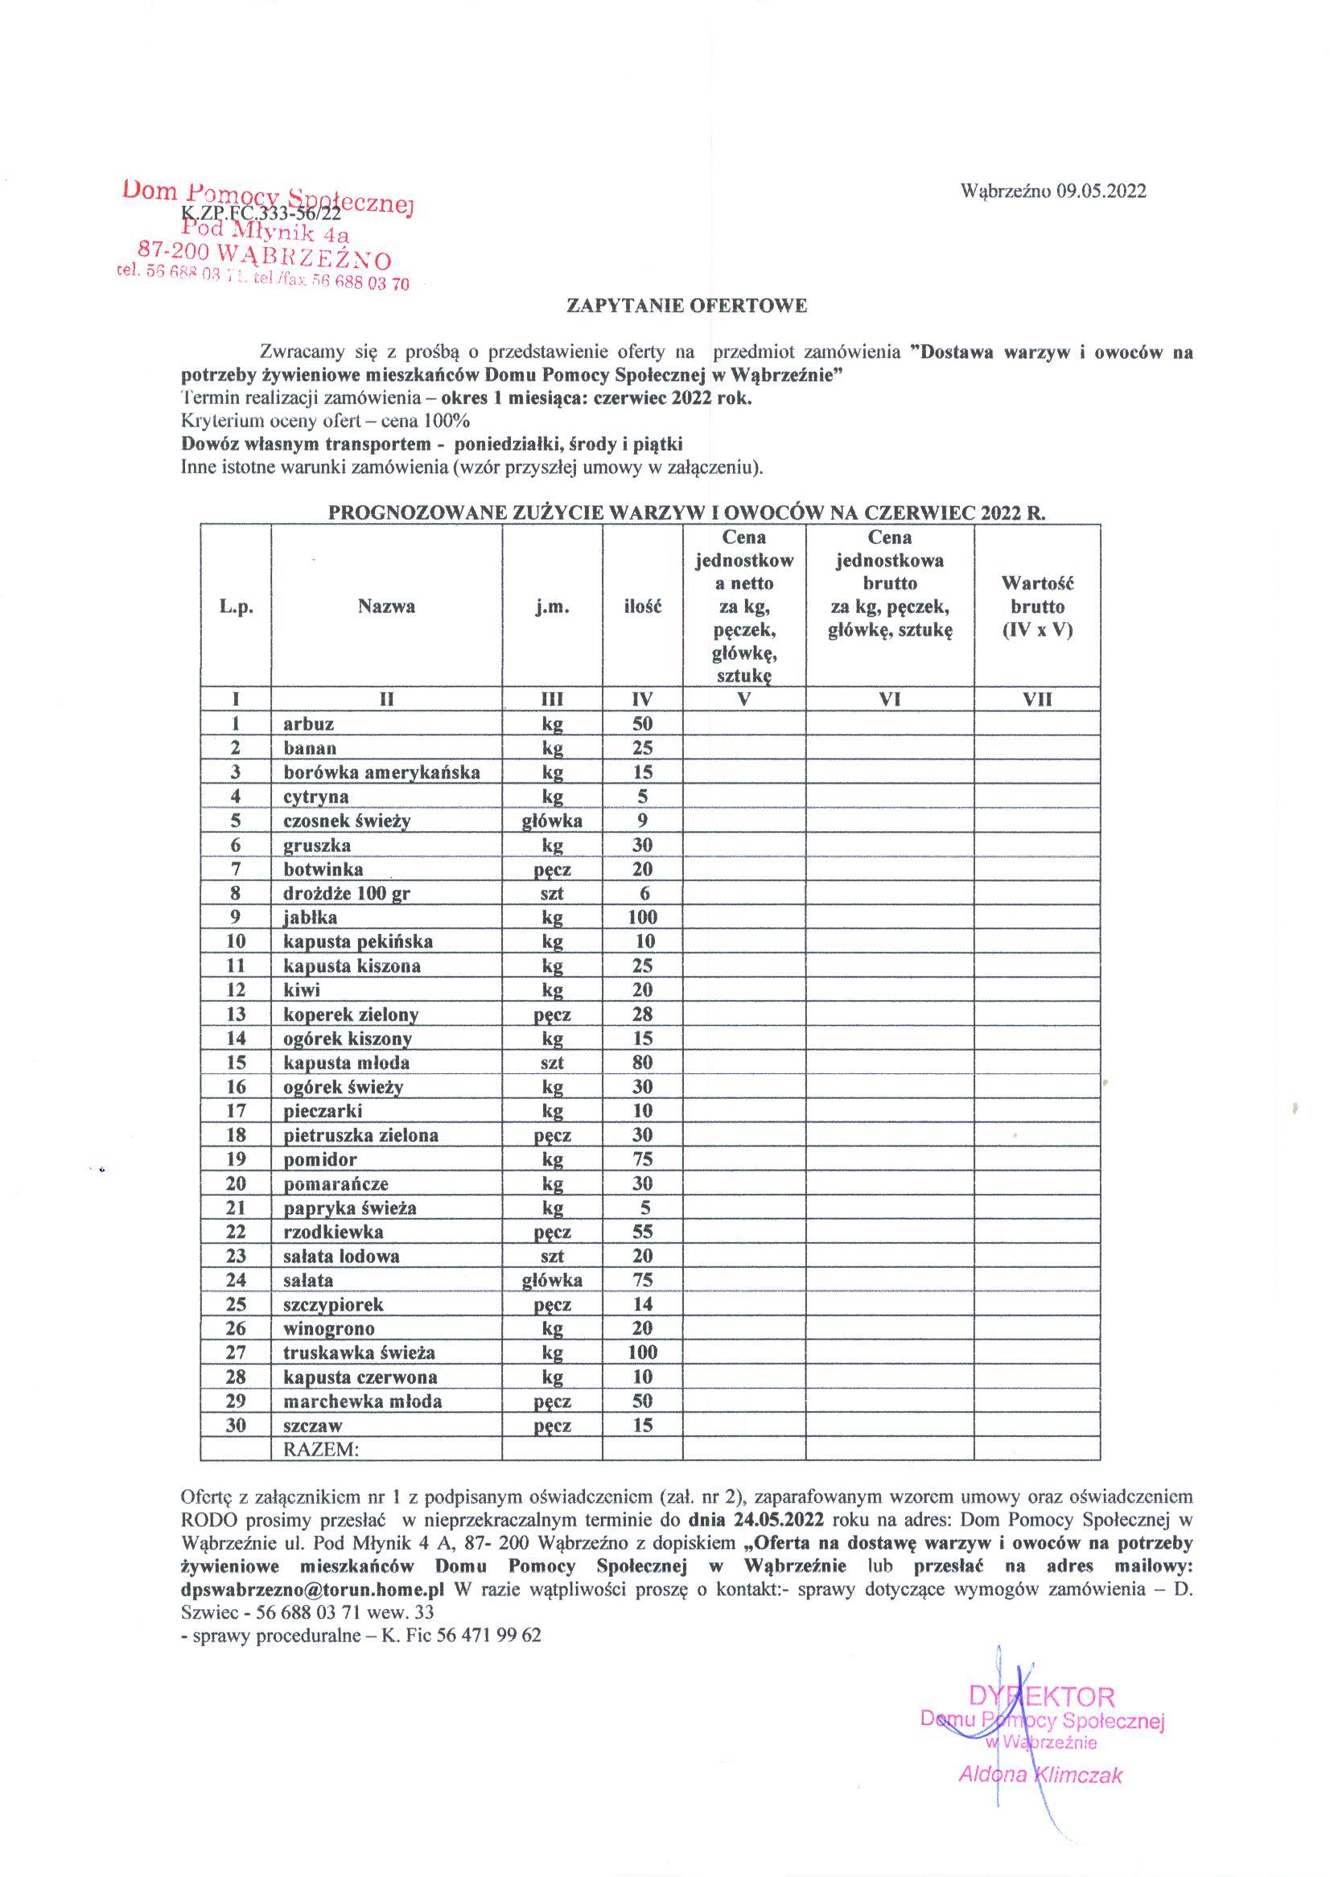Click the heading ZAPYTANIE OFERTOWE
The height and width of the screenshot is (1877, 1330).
click(x=687, y=307)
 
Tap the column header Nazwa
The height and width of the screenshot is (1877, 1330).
click(x=385, y=607)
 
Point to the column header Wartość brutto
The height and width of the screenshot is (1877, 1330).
click(x=1037, y=607)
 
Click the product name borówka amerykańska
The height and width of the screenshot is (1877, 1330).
click(x=381, y=772)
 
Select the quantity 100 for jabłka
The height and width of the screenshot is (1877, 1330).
click(x=643, y=917)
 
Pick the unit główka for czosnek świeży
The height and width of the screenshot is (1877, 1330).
click(x=552, y=821)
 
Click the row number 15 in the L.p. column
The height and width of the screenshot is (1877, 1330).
click(x=236, y=1062)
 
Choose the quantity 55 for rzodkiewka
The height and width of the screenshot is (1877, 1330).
click(x=643, y=1232)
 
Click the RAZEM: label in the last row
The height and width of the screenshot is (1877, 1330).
click(x=321, y=1450)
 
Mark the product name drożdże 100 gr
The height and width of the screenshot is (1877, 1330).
click(x=347, y=894)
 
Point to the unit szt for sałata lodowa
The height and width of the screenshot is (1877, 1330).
click(x=552, y=1256)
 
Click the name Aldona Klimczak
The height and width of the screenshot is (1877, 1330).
click(x=1040, y=1776)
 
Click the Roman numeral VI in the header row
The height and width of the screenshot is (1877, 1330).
click(x=889, y=699)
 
